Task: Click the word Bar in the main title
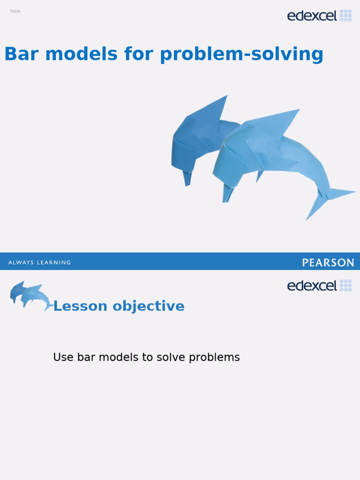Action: [21, 54]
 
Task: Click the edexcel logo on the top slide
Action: [319, 15]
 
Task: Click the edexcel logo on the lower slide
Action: [319, 285]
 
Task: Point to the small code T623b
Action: [15, 11]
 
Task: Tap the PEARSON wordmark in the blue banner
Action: [328, 262]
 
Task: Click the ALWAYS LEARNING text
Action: [39, 262]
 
